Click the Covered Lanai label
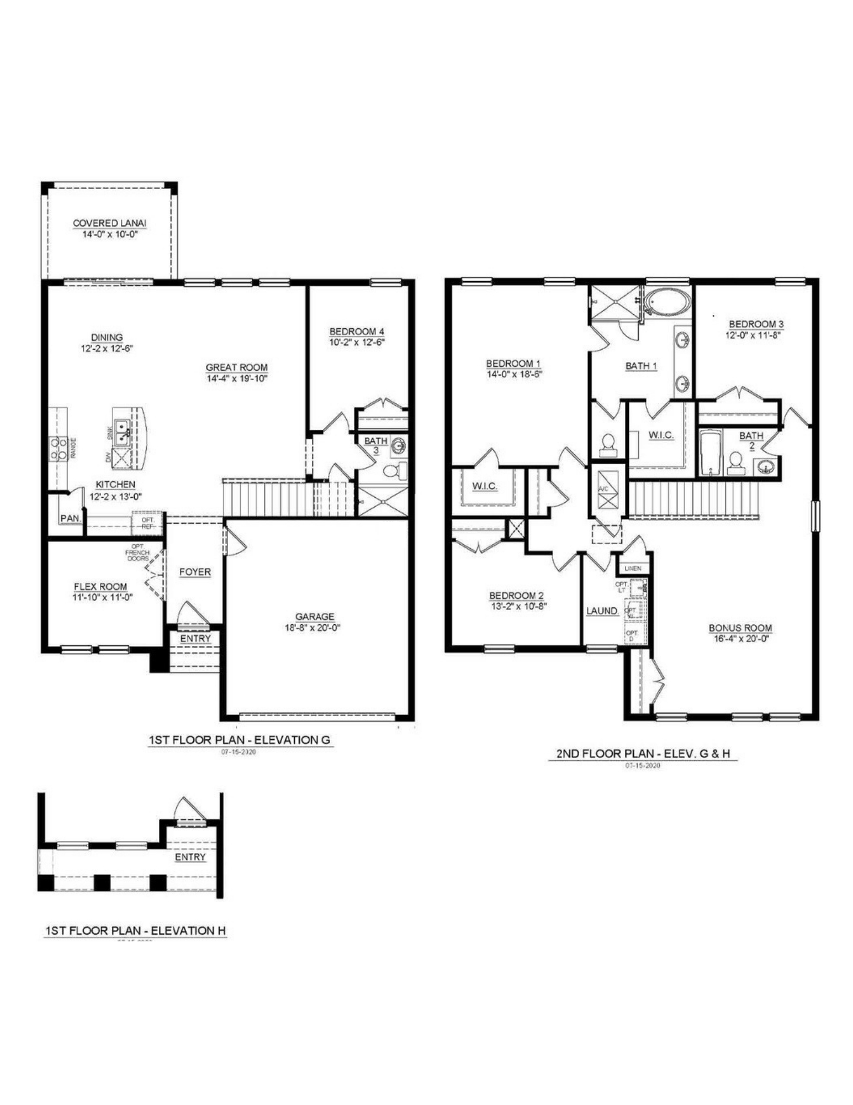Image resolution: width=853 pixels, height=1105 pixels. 109,223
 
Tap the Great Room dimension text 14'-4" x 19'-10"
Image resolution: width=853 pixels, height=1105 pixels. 237,379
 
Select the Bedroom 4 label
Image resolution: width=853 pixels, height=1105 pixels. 356,331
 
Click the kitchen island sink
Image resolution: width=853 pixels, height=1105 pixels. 122,430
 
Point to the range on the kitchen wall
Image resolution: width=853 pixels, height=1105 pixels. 58,448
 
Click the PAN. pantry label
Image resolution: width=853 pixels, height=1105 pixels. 71,518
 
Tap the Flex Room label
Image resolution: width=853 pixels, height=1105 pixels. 100,587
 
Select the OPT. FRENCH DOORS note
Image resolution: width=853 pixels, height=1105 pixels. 137,552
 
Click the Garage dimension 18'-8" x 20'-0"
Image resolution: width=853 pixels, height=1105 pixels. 314,628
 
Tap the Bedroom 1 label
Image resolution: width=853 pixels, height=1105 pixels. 513,364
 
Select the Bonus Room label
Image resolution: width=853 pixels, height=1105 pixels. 740,628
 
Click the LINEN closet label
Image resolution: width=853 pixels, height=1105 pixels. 633,568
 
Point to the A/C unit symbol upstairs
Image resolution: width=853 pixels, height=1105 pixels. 607,491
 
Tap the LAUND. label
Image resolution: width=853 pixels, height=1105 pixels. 602,611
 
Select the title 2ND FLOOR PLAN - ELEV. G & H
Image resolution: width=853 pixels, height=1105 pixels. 643,753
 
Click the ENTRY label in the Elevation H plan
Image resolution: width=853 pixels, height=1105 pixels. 190,857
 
